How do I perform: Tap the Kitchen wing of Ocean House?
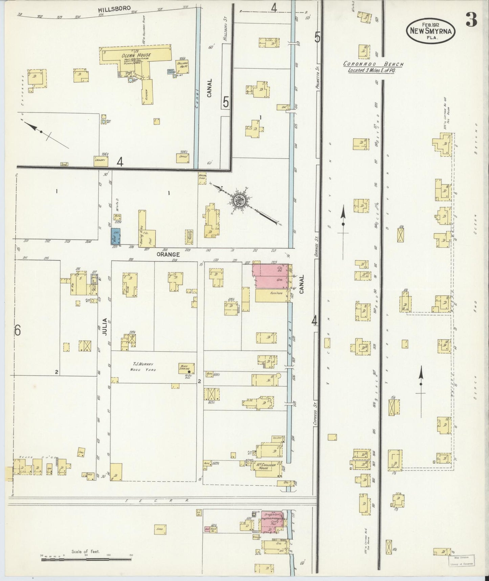point(147,92)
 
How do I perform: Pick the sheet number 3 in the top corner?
point(471,20)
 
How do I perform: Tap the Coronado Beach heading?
point(373,64)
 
